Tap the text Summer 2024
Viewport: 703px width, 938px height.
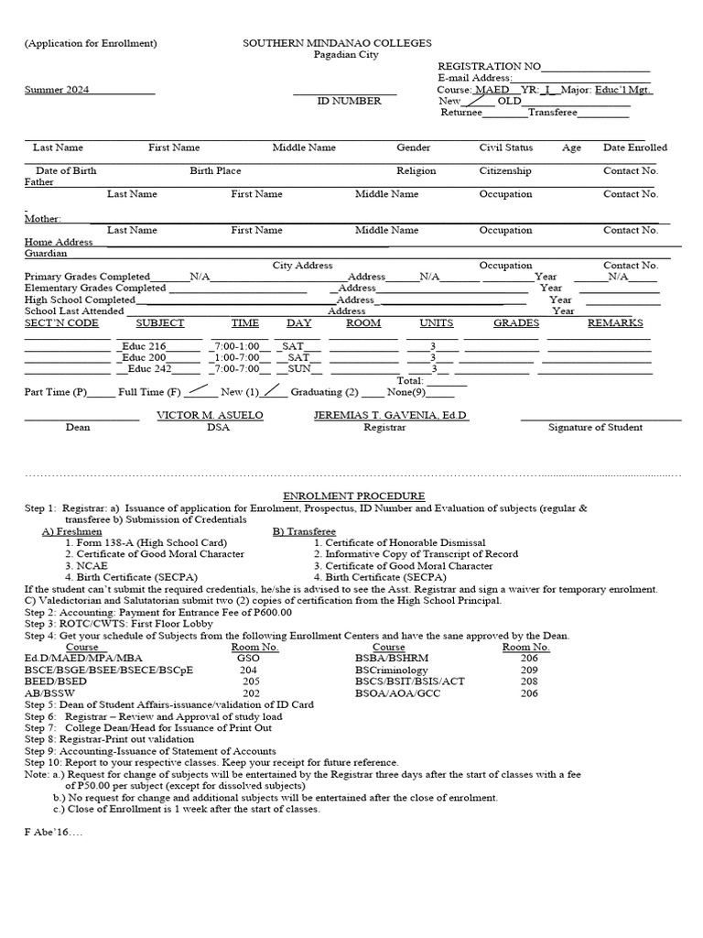(57, 90)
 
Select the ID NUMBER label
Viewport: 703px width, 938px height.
(349, 102)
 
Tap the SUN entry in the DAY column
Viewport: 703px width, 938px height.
(299, 369)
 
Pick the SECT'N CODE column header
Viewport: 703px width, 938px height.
(61, 323)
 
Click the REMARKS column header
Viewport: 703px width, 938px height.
(615, 323)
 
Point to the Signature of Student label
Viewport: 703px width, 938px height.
(595, 427)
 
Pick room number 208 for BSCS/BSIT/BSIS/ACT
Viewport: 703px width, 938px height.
(529, 682)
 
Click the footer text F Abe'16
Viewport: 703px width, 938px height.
(54, 833)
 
